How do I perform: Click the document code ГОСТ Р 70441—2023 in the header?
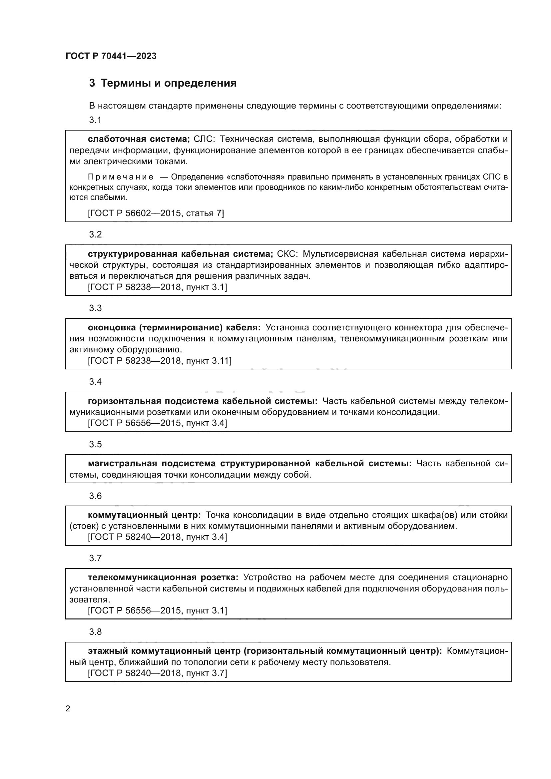[x=111, y=56]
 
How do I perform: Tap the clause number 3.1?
[x=95, y=120]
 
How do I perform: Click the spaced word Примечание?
[x=121, y=177]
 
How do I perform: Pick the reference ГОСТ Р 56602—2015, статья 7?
[x=156, y=213]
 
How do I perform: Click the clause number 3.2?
[x=95, y=234]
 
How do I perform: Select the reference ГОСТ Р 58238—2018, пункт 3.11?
[x=160, y=361]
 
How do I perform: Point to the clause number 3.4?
[x=95, y=382]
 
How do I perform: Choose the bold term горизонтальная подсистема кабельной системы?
[x=203, y=401]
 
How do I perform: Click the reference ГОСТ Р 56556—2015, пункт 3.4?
[x=158, y=423]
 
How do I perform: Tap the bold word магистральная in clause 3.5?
[x=123, y=464]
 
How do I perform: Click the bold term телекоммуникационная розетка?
[x=163, y=578]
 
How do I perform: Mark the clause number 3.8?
[x=95, y=632]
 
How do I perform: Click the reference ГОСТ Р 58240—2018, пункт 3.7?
[x=158, y=673]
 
